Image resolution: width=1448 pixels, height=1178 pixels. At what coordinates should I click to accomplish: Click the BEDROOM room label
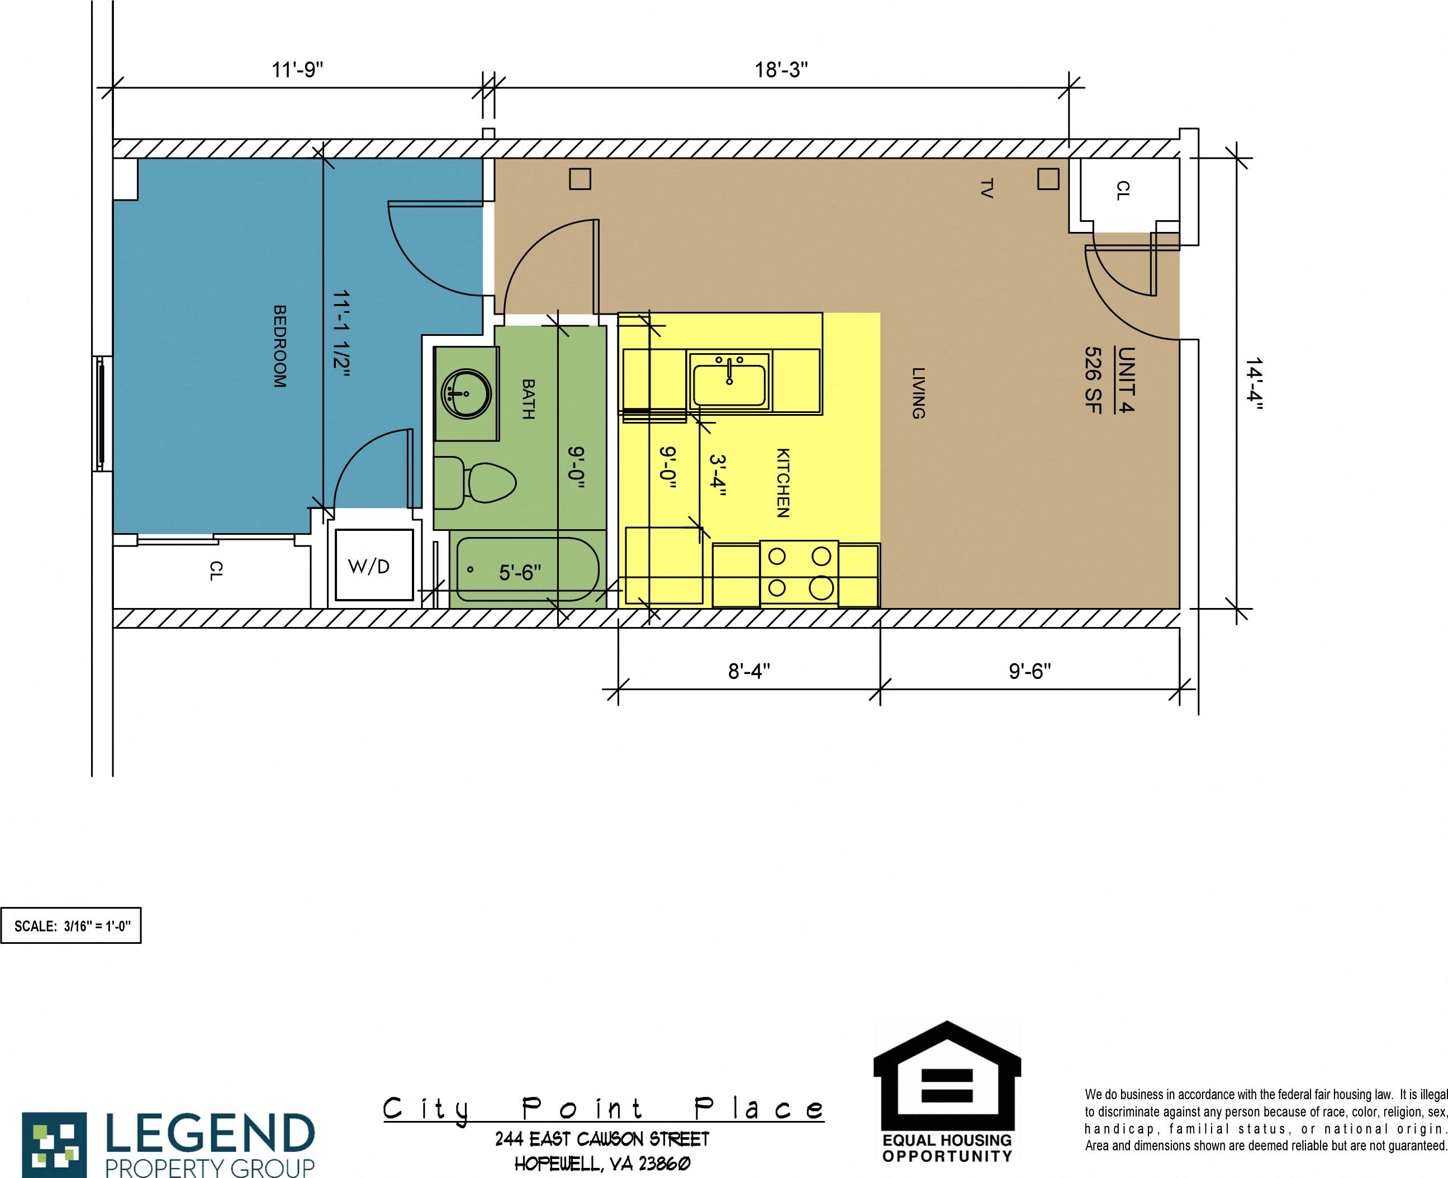(279, 346)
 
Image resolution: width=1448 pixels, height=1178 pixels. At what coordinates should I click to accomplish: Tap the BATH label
(528, 399)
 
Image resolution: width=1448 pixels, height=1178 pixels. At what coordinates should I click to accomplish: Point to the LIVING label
(918, 393)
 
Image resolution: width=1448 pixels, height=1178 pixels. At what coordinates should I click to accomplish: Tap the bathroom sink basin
(466, 393)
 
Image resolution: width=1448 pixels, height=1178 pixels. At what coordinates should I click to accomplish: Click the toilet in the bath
(490, 482)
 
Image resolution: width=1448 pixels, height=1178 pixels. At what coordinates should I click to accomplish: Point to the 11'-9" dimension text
(297, 69)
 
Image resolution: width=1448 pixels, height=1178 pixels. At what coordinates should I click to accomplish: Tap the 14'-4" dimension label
(1254, 384)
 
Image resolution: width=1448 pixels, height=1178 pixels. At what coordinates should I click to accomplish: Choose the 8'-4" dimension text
(748, 671)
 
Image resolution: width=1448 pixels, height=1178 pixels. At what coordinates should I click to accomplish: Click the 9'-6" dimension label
(1029, 671)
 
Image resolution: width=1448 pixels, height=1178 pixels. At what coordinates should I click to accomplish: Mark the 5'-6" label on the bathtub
(520, 573)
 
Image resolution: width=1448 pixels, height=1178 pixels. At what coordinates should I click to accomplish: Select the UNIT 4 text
(1126, 379)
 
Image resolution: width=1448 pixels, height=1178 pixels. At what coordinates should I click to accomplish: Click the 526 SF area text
(1093, 379)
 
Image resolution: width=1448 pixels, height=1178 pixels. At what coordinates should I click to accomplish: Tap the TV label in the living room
(986, 188)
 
